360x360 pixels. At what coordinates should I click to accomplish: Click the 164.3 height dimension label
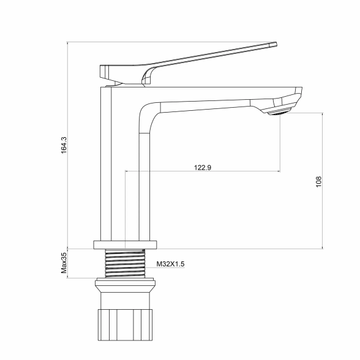tap(64, 145)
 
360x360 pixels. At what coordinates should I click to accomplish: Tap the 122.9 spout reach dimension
tap(203, 168)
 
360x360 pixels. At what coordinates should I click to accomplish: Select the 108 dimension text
tap(318, 182)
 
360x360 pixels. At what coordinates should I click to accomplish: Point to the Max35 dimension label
tap(64, 263)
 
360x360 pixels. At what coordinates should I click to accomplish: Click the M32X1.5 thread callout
tap(170, 264)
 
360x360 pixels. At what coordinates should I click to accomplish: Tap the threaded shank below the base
tap(125, 263)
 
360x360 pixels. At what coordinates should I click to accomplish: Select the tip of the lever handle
tap(276, 44)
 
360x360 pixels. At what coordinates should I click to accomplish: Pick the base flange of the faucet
tap(125, 245)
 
